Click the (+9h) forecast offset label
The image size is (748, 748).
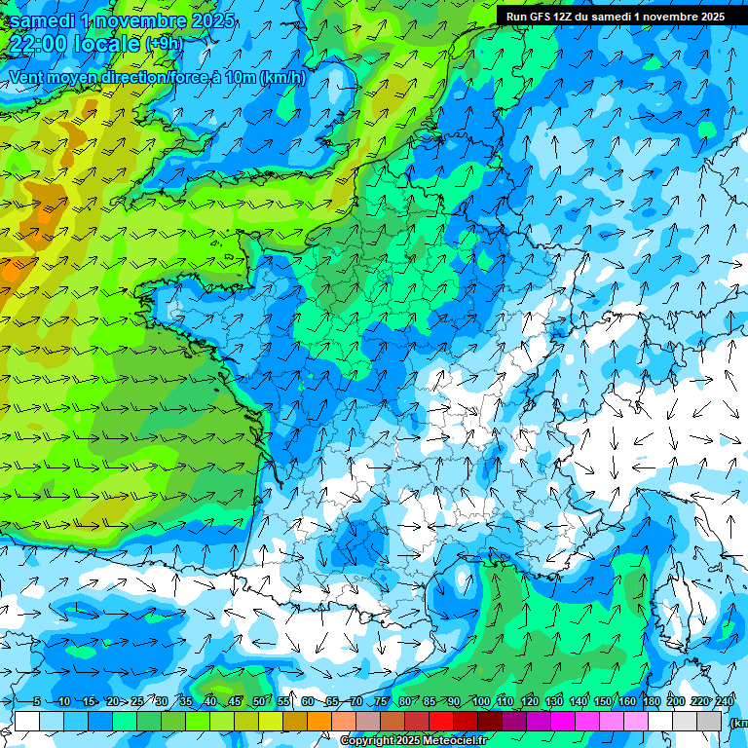[x=163, y=44]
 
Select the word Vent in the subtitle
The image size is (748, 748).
[x=27, y=77]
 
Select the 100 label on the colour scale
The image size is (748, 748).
[x=480, y=701]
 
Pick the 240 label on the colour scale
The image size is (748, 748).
[x=724, y=701]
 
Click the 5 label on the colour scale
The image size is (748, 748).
[x=37, y=701]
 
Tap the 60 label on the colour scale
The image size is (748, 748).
[x=308, y=701]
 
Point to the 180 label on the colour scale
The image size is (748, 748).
[x=651, y=701]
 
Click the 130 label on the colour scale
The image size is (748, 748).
[x=553, y=701]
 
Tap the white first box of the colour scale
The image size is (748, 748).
[x=27, y=721]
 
